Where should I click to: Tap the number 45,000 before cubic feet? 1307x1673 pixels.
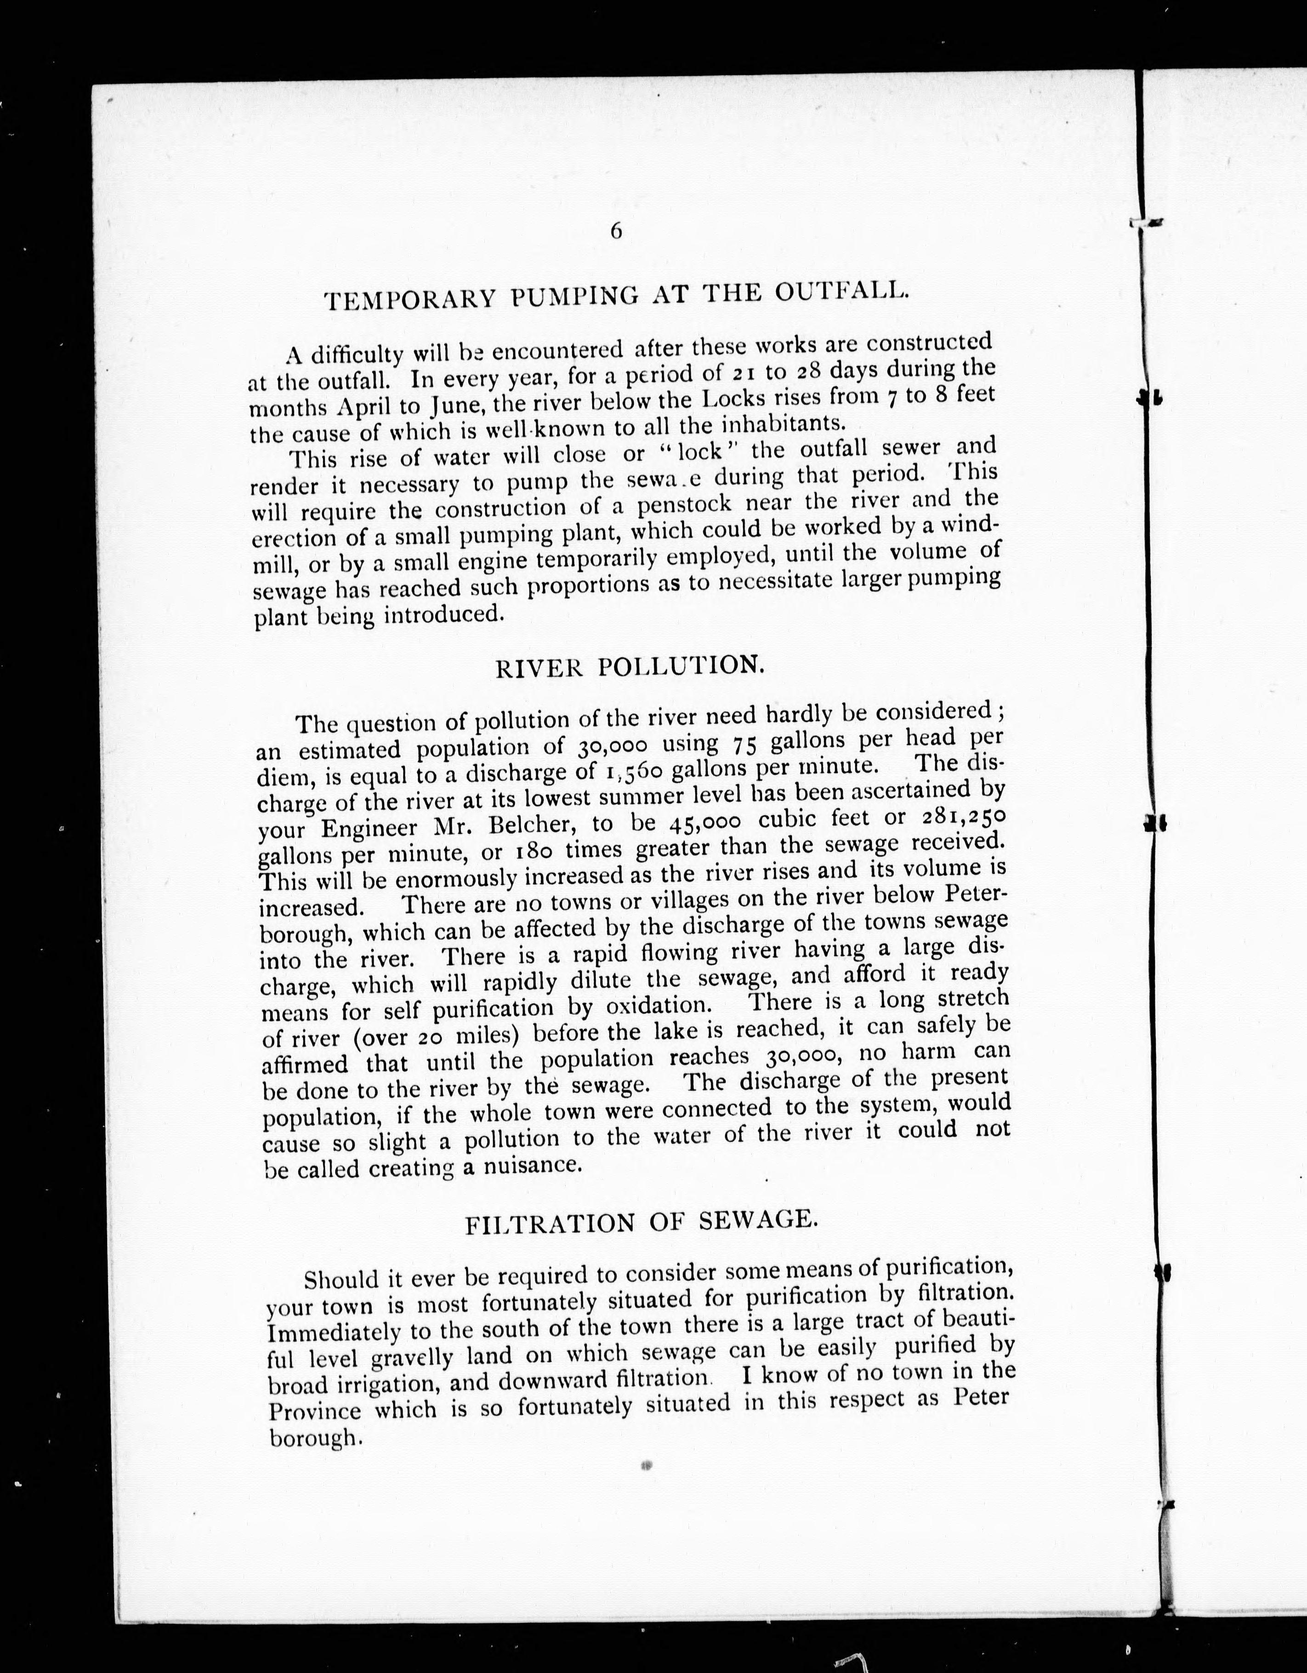[704, 821]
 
